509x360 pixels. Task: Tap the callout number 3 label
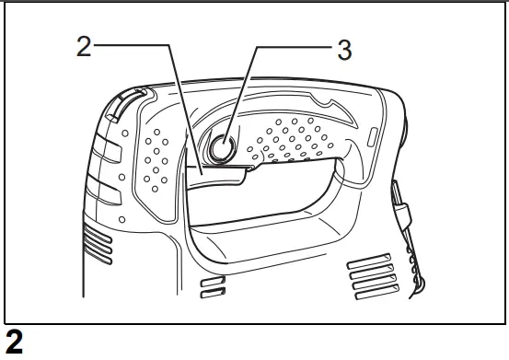(343, 51)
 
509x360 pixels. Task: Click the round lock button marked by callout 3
(224, 146)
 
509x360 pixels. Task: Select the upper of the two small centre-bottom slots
(213, 280)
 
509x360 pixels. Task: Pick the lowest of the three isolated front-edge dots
(122, 219)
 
